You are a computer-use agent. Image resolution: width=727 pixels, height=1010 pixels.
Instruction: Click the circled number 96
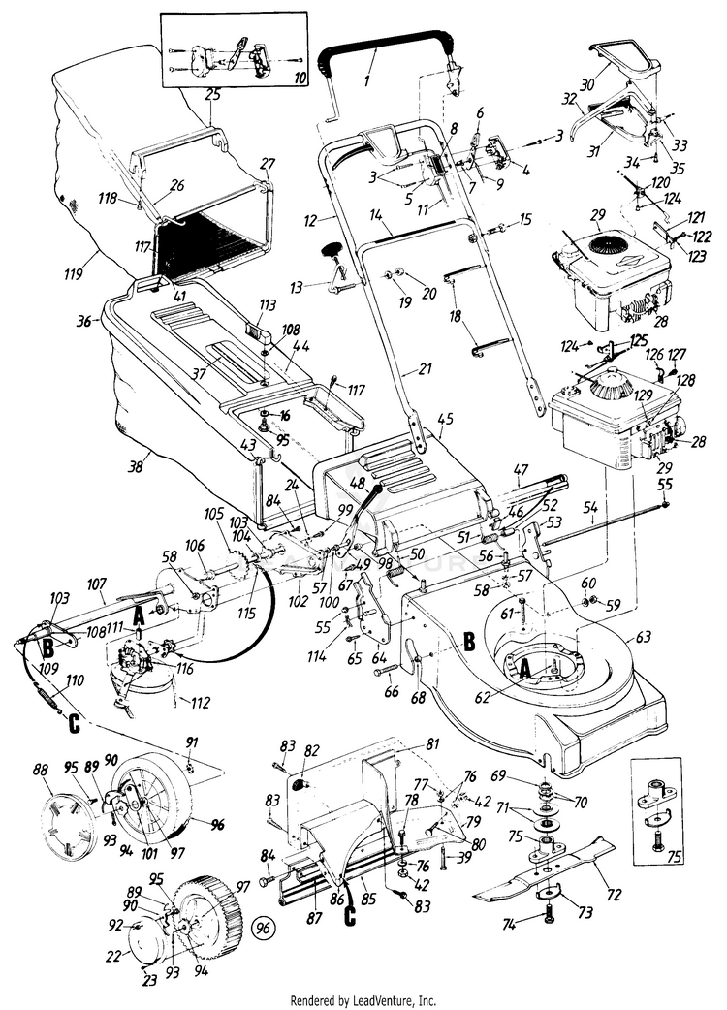point(263,927)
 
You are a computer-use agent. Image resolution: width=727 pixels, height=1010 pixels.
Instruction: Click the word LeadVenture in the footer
point(388,999)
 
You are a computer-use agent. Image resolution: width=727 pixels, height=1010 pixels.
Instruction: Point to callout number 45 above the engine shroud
point(446,420)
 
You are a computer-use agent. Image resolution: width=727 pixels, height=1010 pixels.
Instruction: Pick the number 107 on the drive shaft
point(95,584)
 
